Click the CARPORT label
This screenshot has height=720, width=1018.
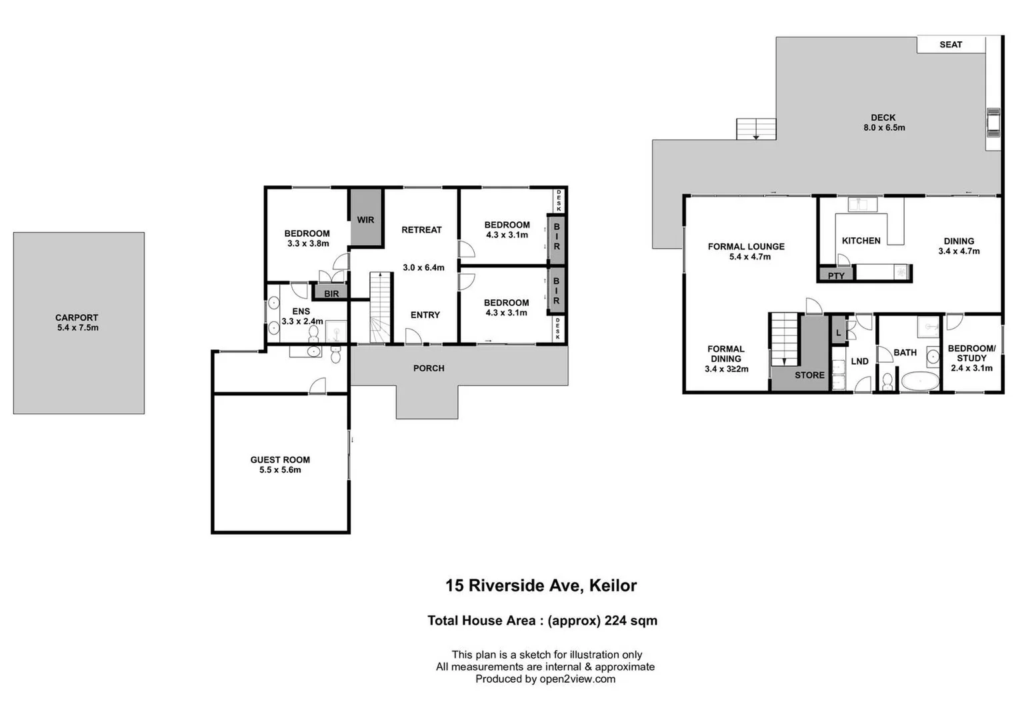[77, 318]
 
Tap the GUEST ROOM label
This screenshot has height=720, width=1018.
[280, 459]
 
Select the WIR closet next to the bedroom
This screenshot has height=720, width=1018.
[366, 219]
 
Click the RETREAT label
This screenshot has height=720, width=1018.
[421, 230]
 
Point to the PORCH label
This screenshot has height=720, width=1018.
[429, 368]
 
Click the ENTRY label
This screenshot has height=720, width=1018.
[425, 315]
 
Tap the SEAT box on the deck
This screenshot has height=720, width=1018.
[951, 45]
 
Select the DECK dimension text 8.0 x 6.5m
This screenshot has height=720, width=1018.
[884, 127]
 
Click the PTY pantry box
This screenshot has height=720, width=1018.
[836, 275]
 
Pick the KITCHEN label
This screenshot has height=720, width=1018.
[861, 241]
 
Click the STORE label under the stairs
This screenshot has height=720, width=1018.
[809, 375]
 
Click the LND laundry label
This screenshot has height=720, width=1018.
[859, 361]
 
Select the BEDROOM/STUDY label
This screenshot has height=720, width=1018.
[971, 353]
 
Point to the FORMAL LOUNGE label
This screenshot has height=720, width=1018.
[746, 247]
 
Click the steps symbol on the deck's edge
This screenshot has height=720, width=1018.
[756, 129]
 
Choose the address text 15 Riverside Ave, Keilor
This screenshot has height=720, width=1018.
[541, 585]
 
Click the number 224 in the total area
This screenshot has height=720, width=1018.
[616, 621]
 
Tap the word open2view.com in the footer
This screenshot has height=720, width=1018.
[577, 679]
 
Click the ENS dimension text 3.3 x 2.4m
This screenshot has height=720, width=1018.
[302, 321]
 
